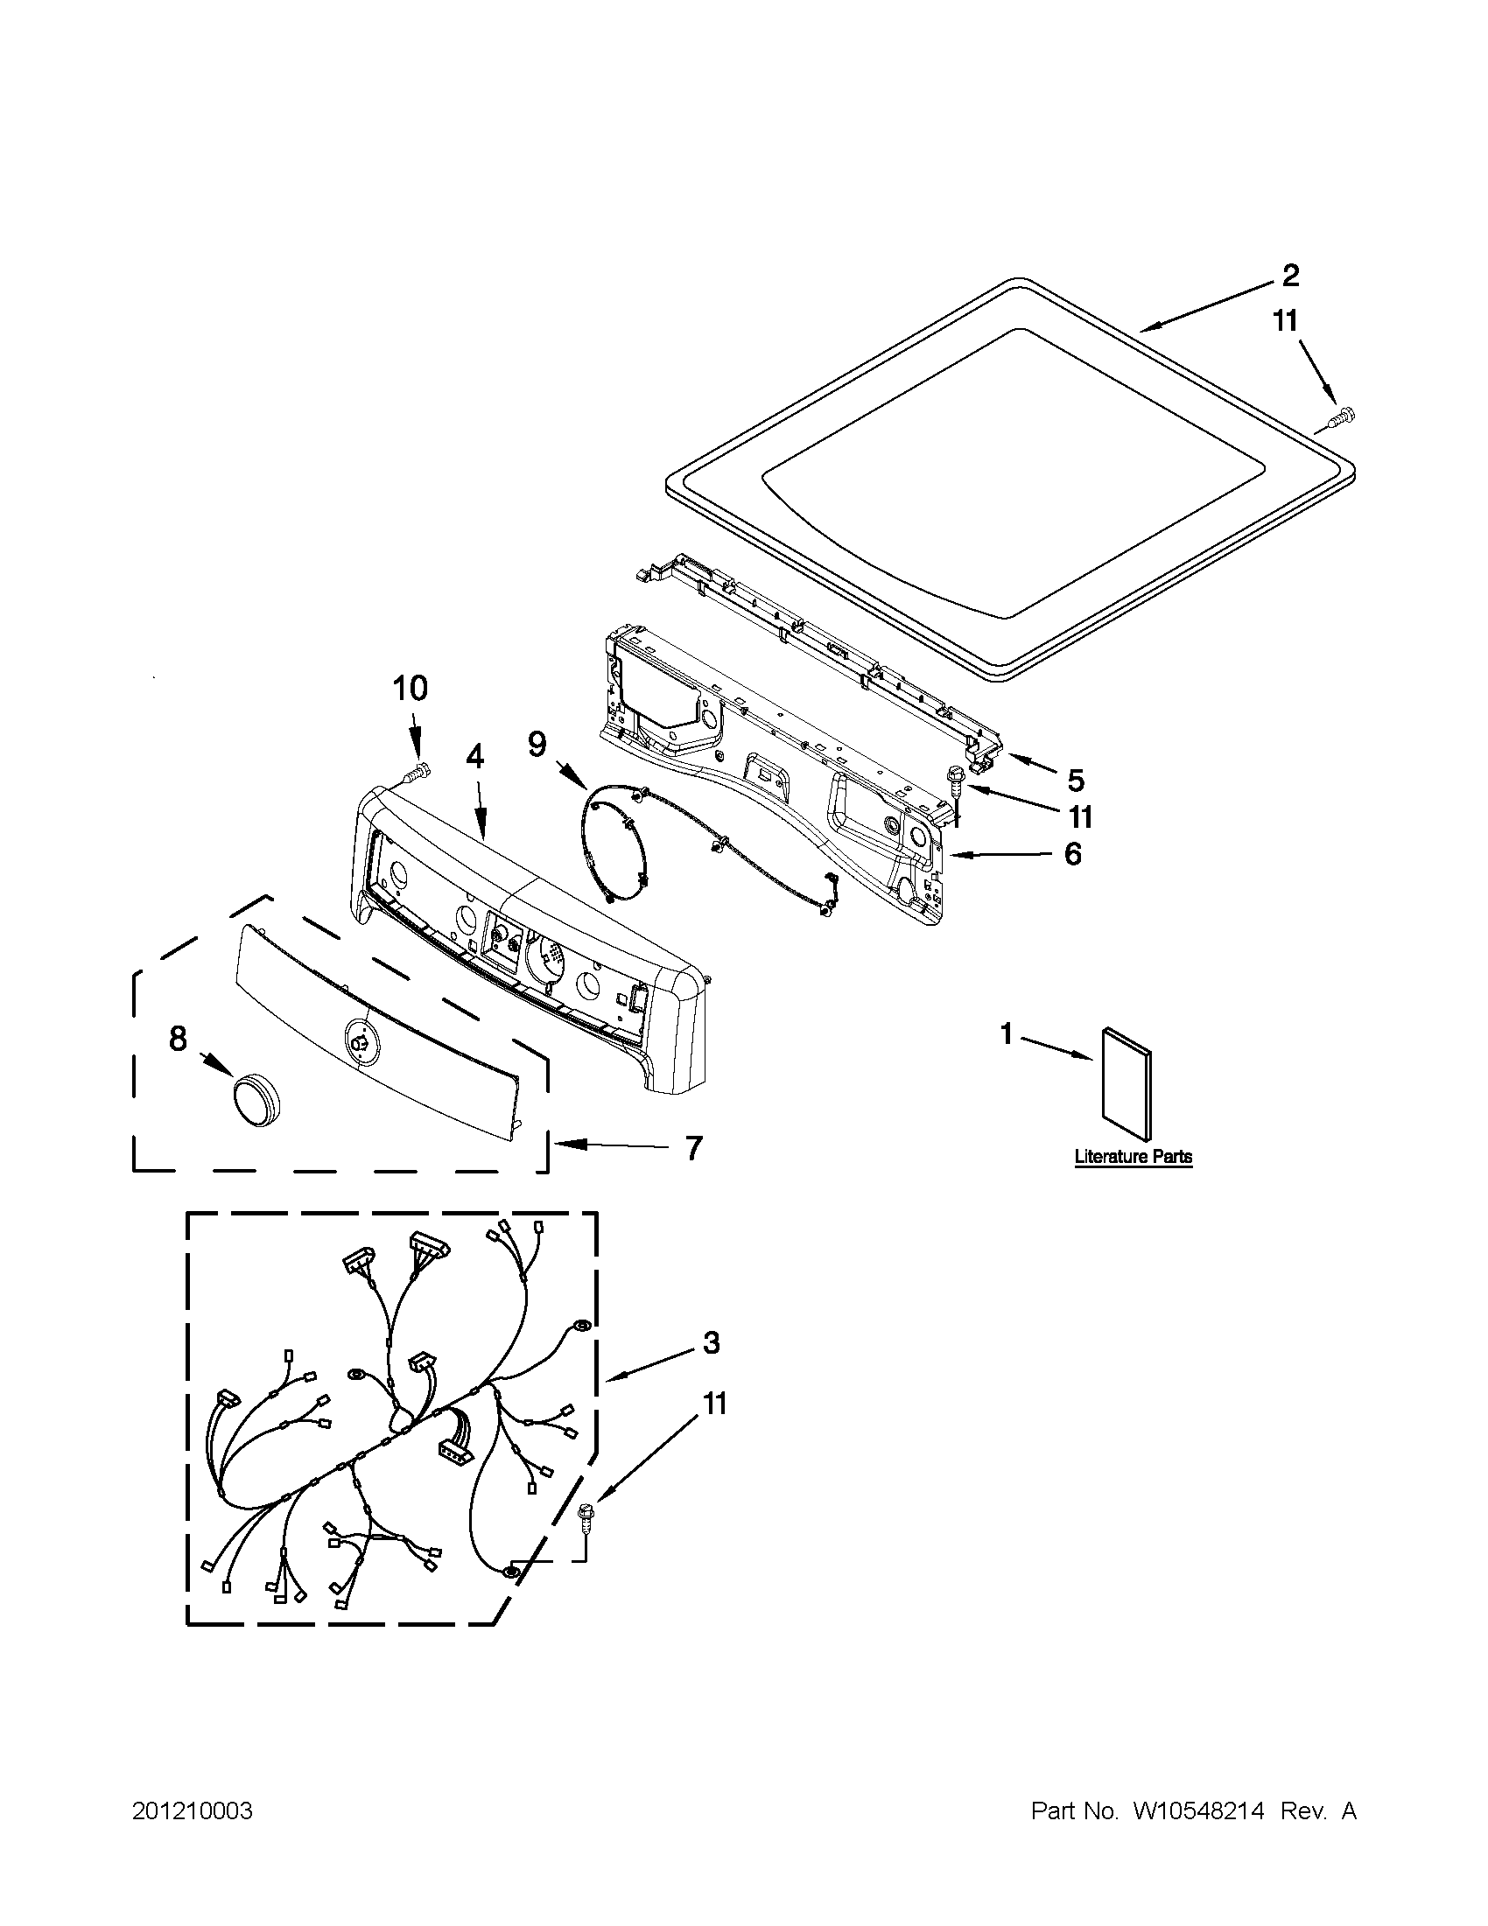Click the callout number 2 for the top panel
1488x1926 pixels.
coord(1289,276)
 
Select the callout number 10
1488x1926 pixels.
coord(411,688)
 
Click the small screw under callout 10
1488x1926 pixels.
coord(418,772)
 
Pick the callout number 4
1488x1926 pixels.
coord(474,757)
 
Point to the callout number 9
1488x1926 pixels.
coord(537,746)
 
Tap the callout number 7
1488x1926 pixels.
coord(694,1147)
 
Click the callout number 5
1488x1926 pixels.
coord(1075,780)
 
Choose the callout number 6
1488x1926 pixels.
coord(1072,854)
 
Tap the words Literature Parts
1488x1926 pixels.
coord(1134,1156)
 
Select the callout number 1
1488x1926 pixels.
coord(1007,1033)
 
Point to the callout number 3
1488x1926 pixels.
coord(712,1343)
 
